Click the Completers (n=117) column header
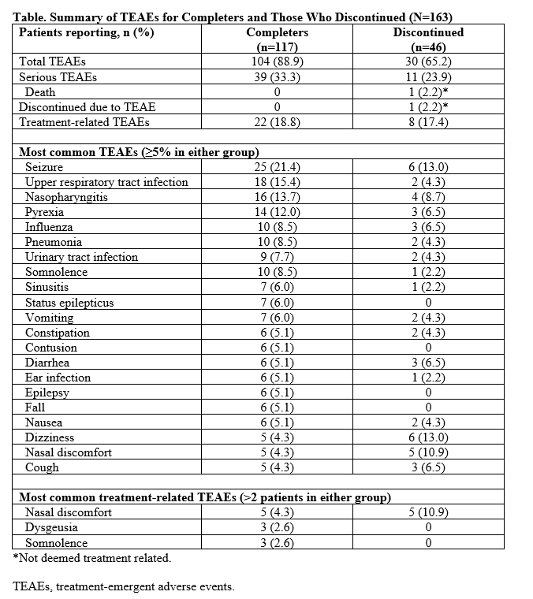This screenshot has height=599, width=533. click(x=277, y=39)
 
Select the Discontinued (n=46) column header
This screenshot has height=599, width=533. click(x=428, y=39)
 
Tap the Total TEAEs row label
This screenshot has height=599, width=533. click(x=52, y=61)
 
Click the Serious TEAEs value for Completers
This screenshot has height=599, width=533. click(x=277, y=76)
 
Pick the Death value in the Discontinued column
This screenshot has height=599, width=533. click(x=428, y=91)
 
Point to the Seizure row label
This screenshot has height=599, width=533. click(x=44, y=167)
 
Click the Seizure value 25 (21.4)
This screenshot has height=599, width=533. click(x=277, y=167)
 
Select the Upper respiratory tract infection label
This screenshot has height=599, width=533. click(x=106, y=182)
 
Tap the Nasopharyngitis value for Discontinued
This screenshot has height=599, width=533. click(x=428, y=197)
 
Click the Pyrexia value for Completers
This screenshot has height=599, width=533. click(x=277, y=212)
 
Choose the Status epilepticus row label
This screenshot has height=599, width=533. click(x=69, y=303)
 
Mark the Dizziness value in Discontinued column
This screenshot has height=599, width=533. click(x=428, y=437)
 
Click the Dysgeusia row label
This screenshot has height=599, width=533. click(x=50, y=527)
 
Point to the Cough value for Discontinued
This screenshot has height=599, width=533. click(x=428, y=467)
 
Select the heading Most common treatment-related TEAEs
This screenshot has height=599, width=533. click(x=204, y=497)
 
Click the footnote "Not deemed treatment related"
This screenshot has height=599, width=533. click(x=91, y=558)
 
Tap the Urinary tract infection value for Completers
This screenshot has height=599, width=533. click(x=277, y=257)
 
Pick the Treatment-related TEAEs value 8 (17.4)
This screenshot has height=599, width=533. click(x=428, y=122)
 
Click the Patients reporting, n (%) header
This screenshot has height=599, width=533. click(x=86, y=32)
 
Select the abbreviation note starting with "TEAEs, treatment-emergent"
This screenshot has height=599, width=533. click(x=124, y=587)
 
